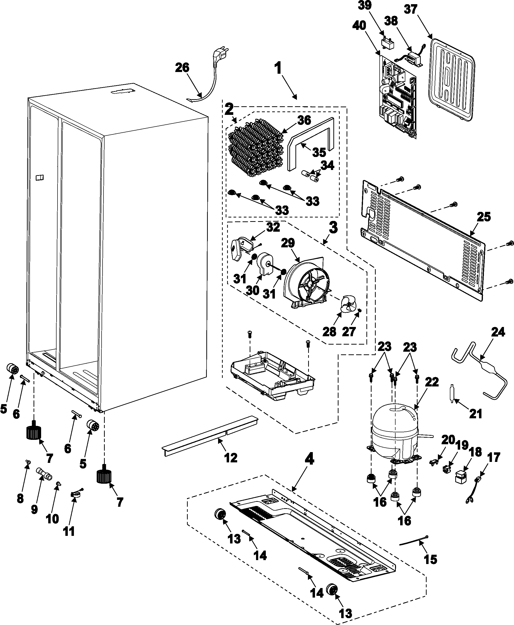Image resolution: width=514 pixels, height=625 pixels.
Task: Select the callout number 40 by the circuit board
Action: coord(359,25)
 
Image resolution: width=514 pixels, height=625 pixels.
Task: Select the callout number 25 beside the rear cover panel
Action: coord(483,217)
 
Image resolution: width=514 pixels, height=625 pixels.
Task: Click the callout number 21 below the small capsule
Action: coord(476,414)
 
